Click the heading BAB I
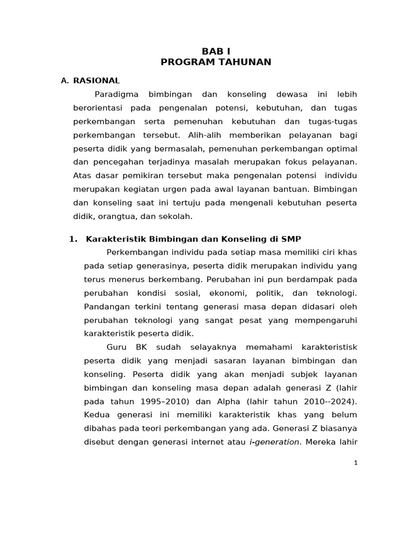216,51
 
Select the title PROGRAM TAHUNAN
216,62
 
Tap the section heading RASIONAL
96,81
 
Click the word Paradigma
117,94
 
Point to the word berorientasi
98,108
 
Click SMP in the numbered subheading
291,239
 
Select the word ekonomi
229,293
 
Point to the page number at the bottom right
356,462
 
